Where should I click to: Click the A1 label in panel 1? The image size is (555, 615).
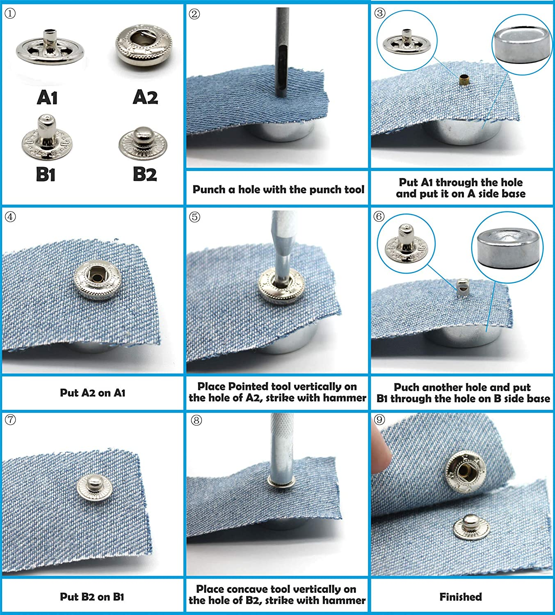coord(47,98)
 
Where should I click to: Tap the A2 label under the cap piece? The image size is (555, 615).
coord(145,98)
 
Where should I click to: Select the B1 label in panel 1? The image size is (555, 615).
coord(46,174)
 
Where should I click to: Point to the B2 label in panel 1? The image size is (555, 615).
coord(145,174)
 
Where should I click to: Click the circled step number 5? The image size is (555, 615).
coord(194,216)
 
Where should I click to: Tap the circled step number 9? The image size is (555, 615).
coord(379,420)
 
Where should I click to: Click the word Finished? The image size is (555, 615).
coord(461,597)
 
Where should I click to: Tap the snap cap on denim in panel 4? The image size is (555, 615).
coord(98,279)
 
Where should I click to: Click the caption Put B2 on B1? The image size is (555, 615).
coord(92,597)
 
